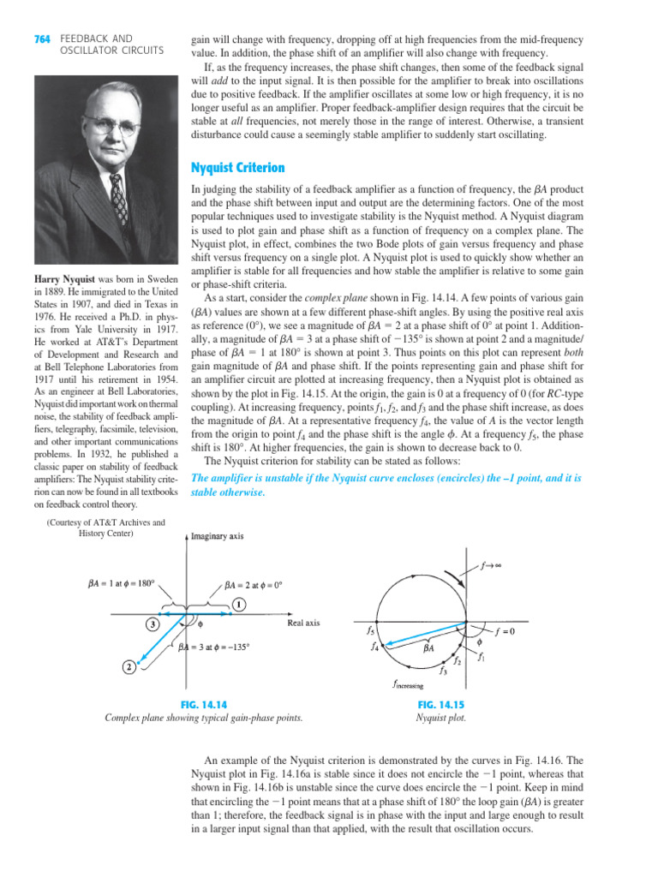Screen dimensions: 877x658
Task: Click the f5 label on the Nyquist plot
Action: coord(369,631)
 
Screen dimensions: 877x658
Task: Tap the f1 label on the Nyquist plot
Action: coord(483,658)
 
